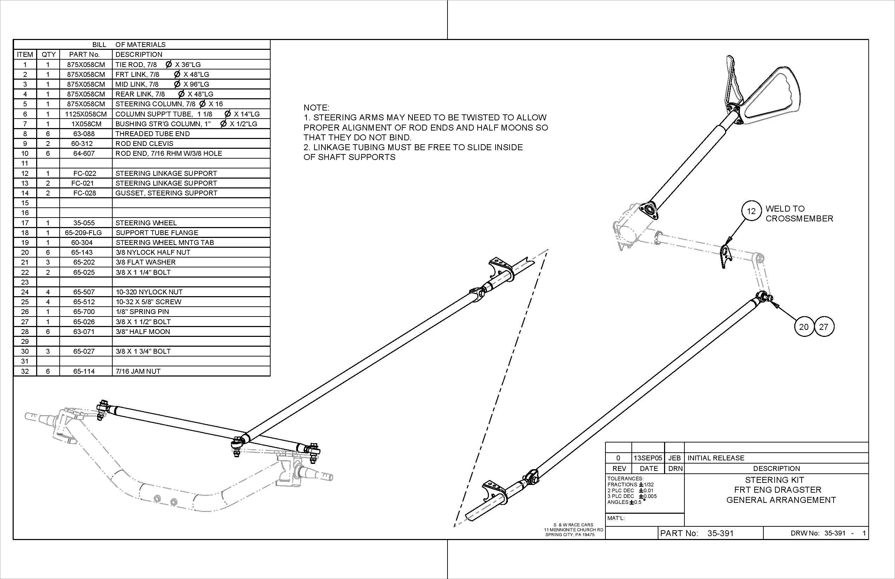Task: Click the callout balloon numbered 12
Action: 751,211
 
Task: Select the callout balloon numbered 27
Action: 823,327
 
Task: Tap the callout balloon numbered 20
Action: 804,327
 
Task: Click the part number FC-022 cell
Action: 85,173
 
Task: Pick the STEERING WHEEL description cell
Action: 146,223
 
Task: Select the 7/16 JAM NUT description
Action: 138,372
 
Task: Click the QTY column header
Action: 48,54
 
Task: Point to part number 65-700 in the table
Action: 84,312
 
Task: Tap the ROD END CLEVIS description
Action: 144,144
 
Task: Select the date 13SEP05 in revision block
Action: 648,458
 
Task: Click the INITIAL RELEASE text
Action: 716,458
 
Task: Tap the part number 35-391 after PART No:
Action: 720,533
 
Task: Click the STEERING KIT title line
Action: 774,480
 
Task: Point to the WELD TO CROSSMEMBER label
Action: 799,214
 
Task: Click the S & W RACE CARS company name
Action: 573,525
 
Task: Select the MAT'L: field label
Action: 616,518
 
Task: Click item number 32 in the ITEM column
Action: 25,372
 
